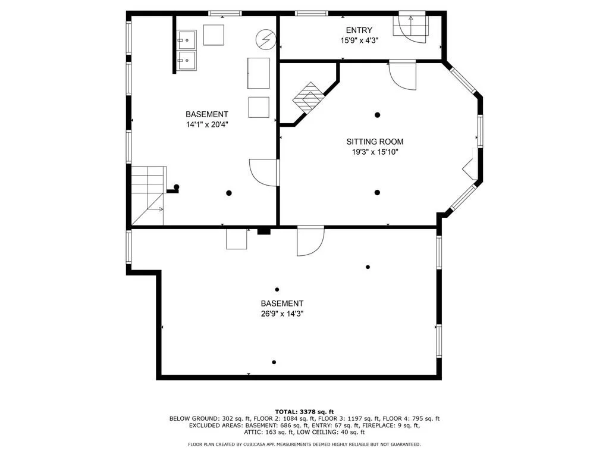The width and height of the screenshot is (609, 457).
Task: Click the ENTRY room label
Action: pyautogui.click(x=359, y=30)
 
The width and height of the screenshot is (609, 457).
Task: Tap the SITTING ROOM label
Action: pyautogui.click(x=375, y=142)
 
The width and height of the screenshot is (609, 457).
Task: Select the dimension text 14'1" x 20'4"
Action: pyautogui.click(x=207, y=125)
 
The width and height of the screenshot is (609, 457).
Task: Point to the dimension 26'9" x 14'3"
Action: pyautogui.click(x=282, y=314)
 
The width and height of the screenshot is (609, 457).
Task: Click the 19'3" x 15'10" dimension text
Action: pyautogui.click(x=375, y=152)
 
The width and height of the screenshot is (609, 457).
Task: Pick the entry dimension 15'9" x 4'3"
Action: pyautogui.click(x=359, y=40)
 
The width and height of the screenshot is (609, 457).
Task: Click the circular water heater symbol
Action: pyautogui.click(x=266, y=39)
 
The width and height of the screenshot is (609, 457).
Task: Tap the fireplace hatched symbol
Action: pyautogui.click(x=308, y=98)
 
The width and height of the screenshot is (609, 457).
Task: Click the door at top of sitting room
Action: pyautogui.click(x=403, y=76)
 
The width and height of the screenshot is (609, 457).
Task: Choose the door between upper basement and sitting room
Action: pyautogui.click(x=265, y=173)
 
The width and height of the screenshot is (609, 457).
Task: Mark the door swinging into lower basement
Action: pyautogui.click(x=310, y=241)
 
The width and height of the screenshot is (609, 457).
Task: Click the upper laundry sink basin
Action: pyautogui.click(x=187, y=40)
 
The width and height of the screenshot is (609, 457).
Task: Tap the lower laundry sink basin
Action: pyautogui.click(x=187, y=61)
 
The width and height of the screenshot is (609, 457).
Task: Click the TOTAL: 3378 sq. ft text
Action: pyautogui.click(x=304, y=412)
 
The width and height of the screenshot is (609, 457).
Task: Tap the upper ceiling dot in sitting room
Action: pyautogui.click(x=377, y=115)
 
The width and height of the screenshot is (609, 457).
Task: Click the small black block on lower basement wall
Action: pyautogui.click(x=263, y=231)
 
